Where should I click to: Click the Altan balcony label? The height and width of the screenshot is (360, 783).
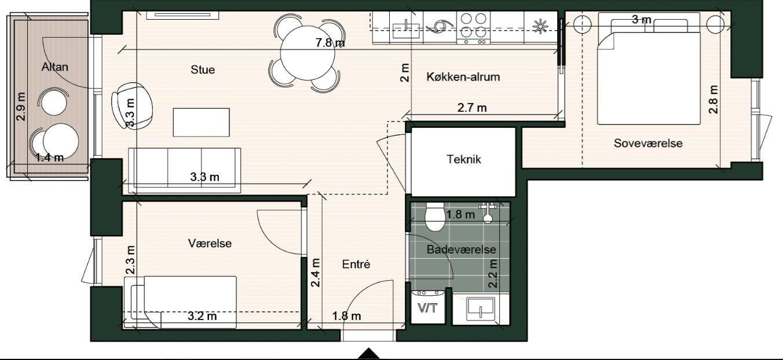pos(55,67)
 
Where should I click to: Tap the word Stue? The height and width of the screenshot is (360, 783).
pos(203,69)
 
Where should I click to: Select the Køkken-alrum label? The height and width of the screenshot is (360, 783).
pos(463,77)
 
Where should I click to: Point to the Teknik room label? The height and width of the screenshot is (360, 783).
pos(464,159)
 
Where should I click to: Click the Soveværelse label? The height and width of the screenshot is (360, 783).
pos(648,143)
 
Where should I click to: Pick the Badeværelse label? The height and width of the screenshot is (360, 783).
pos(462,249)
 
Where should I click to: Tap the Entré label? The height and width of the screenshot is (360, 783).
pos(356,264)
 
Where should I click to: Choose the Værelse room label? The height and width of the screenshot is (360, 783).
pos(210,243)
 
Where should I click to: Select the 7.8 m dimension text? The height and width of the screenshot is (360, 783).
pos(330,43)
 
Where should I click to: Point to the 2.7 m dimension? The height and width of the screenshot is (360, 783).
pos(472,108)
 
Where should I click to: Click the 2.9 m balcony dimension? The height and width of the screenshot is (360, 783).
pos(21,106)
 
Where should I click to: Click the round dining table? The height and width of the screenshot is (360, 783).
pos(308,53)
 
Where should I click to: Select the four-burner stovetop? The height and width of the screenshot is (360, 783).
pos(473,28)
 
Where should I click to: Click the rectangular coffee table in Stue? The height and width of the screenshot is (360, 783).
pos(202,122)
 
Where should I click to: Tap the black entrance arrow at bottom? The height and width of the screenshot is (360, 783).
pos(368,354)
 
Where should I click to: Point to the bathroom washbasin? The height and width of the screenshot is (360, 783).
pos(481,308)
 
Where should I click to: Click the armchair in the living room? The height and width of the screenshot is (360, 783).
pos(132,105)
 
